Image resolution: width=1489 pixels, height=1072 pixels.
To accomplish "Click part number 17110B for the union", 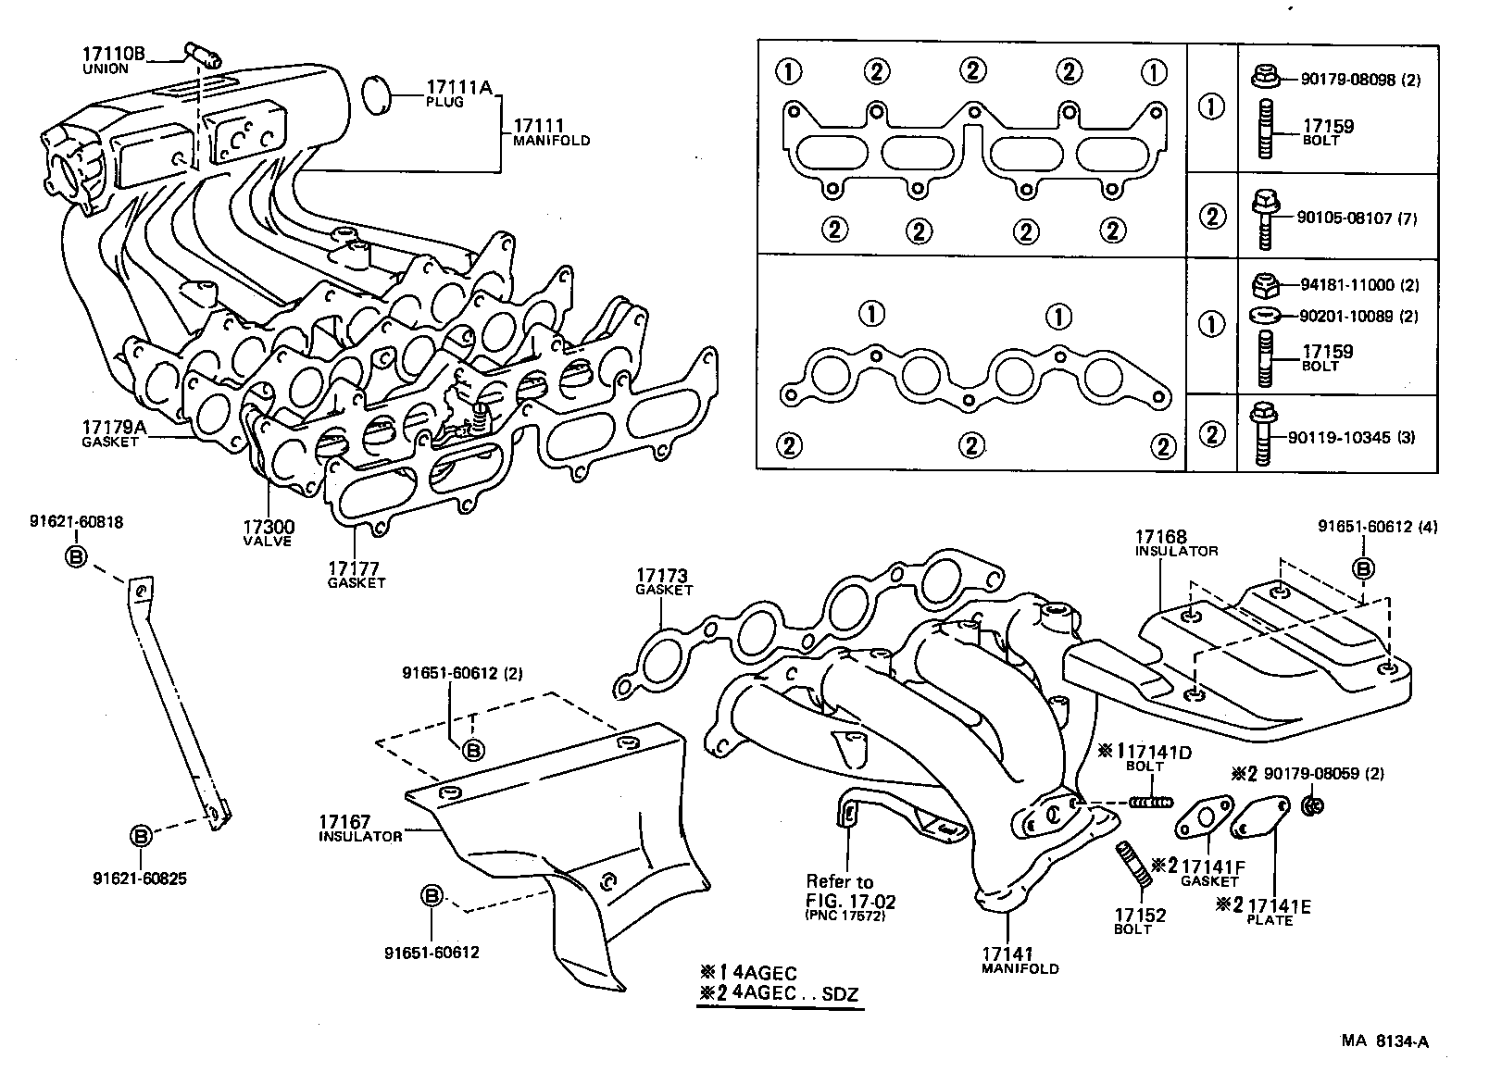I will (x=114, y=55).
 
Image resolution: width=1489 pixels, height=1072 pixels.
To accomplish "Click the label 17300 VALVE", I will (x=268, y=532).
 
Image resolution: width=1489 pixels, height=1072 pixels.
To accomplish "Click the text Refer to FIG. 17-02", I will (x=851, y=891).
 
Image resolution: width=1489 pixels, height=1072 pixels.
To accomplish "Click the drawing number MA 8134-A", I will (x=1385, y=1041).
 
